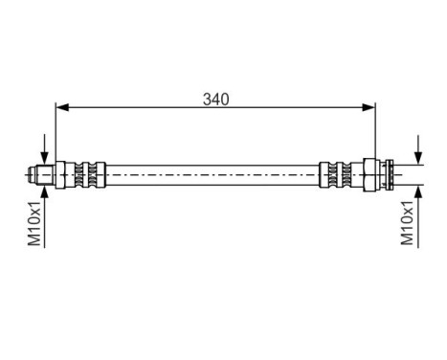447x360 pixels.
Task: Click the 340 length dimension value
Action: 215,98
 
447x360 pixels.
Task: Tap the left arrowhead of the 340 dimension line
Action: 62,106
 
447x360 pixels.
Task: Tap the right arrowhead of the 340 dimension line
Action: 369,106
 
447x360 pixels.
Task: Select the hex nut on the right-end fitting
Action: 368,174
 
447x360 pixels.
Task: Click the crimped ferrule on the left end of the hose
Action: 86,174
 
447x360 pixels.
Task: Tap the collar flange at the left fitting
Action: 59,174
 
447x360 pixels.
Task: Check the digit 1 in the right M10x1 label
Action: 408,204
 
